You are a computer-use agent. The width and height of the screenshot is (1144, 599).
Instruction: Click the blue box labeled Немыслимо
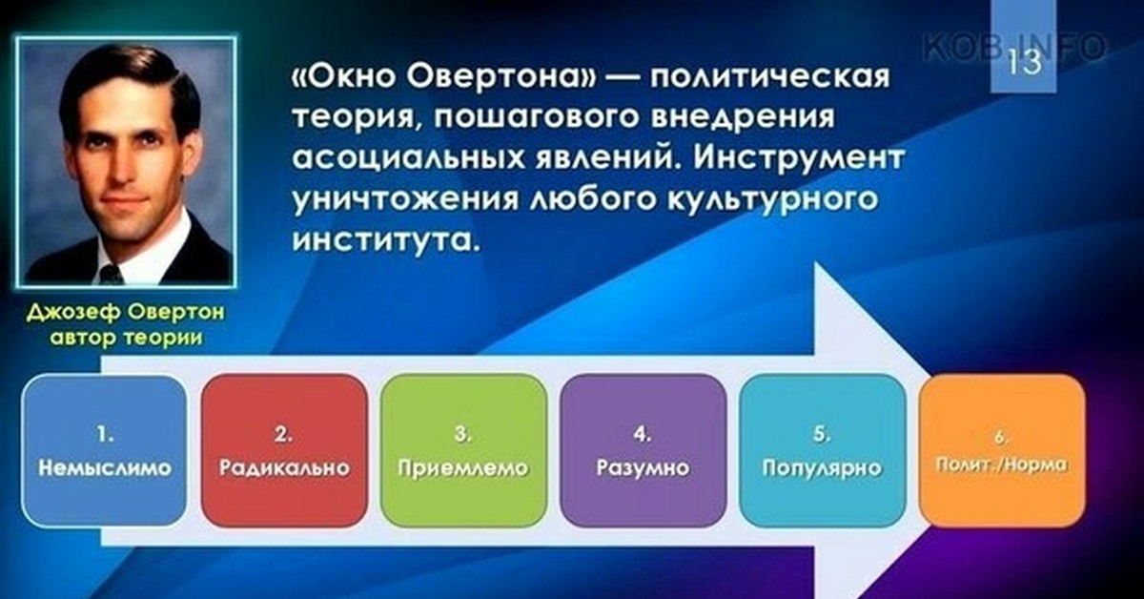[x=104, y=450]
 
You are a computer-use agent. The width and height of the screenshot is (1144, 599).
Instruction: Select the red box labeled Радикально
[x=284, y=450]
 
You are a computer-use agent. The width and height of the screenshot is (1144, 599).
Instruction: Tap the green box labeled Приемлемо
[x=463, y=450]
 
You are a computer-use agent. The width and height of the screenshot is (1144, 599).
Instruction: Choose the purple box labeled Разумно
[x=643, y=450]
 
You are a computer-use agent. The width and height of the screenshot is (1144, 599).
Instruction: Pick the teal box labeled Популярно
[x=822, y=450]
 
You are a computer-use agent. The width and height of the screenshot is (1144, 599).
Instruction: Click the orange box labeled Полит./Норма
[x=1002, y=450]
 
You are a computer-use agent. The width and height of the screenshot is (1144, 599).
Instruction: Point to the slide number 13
[x=1024, y=62]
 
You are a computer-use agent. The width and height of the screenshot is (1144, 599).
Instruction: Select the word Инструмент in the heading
[x=798, y=158]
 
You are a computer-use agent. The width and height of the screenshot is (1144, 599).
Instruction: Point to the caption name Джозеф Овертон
[x=126, y=312]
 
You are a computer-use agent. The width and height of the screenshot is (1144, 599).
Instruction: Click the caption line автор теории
[x=126, y=339]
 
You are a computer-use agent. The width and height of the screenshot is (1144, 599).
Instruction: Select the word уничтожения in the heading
[x=404, y=200]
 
